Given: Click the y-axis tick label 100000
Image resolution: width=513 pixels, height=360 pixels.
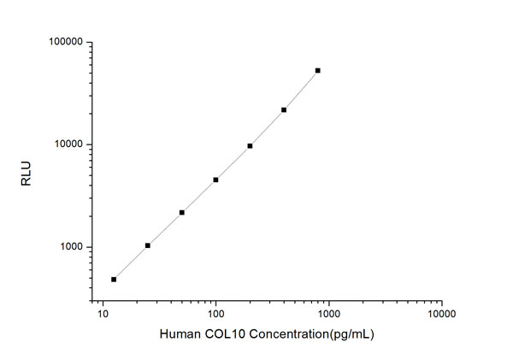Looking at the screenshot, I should pyautogui.click(x=65, y=42).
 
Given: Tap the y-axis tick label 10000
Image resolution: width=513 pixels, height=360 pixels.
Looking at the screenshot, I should pyautogui.click(x=68, y=145).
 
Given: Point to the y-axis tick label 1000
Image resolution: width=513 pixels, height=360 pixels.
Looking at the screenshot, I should pyautogui.click(x=70, y=247).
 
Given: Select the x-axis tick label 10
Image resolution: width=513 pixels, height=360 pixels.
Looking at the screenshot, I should pyautogui.click(x=103, y=314).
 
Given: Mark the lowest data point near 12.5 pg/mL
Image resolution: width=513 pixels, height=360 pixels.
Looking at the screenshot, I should pyautogui.click(x=114, y=279).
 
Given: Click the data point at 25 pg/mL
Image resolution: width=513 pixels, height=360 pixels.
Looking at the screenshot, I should pyautogui.click(x=148, y=245).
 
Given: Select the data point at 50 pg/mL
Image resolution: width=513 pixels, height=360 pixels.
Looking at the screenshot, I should pyautogui.click(x=182, y=212).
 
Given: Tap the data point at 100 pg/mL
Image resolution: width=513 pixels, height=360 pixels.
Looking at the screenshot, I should pyautogui.click(x=215, y=180).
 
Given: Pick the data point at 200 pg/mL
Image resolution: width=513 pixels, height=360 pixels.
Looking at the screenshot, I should pyautogui.click(x=250, y=145).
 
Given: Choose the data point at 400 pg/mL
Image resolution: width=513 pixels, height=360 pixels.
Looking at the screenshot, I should pyautogui.click(x=284, y=109).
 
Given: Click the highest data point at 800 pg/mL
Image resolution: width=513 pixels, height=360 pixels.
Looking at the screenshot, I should pyautogui.click(x=317, y=70).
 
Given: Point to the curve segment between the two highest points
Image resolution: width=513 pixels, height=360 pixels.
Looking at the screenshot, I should pyautogui.click(x=301, y=90).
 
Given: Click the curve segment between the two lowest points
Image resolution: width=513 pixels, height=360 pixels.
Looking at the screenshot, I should pyautogui.click(x=131, y=263).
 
